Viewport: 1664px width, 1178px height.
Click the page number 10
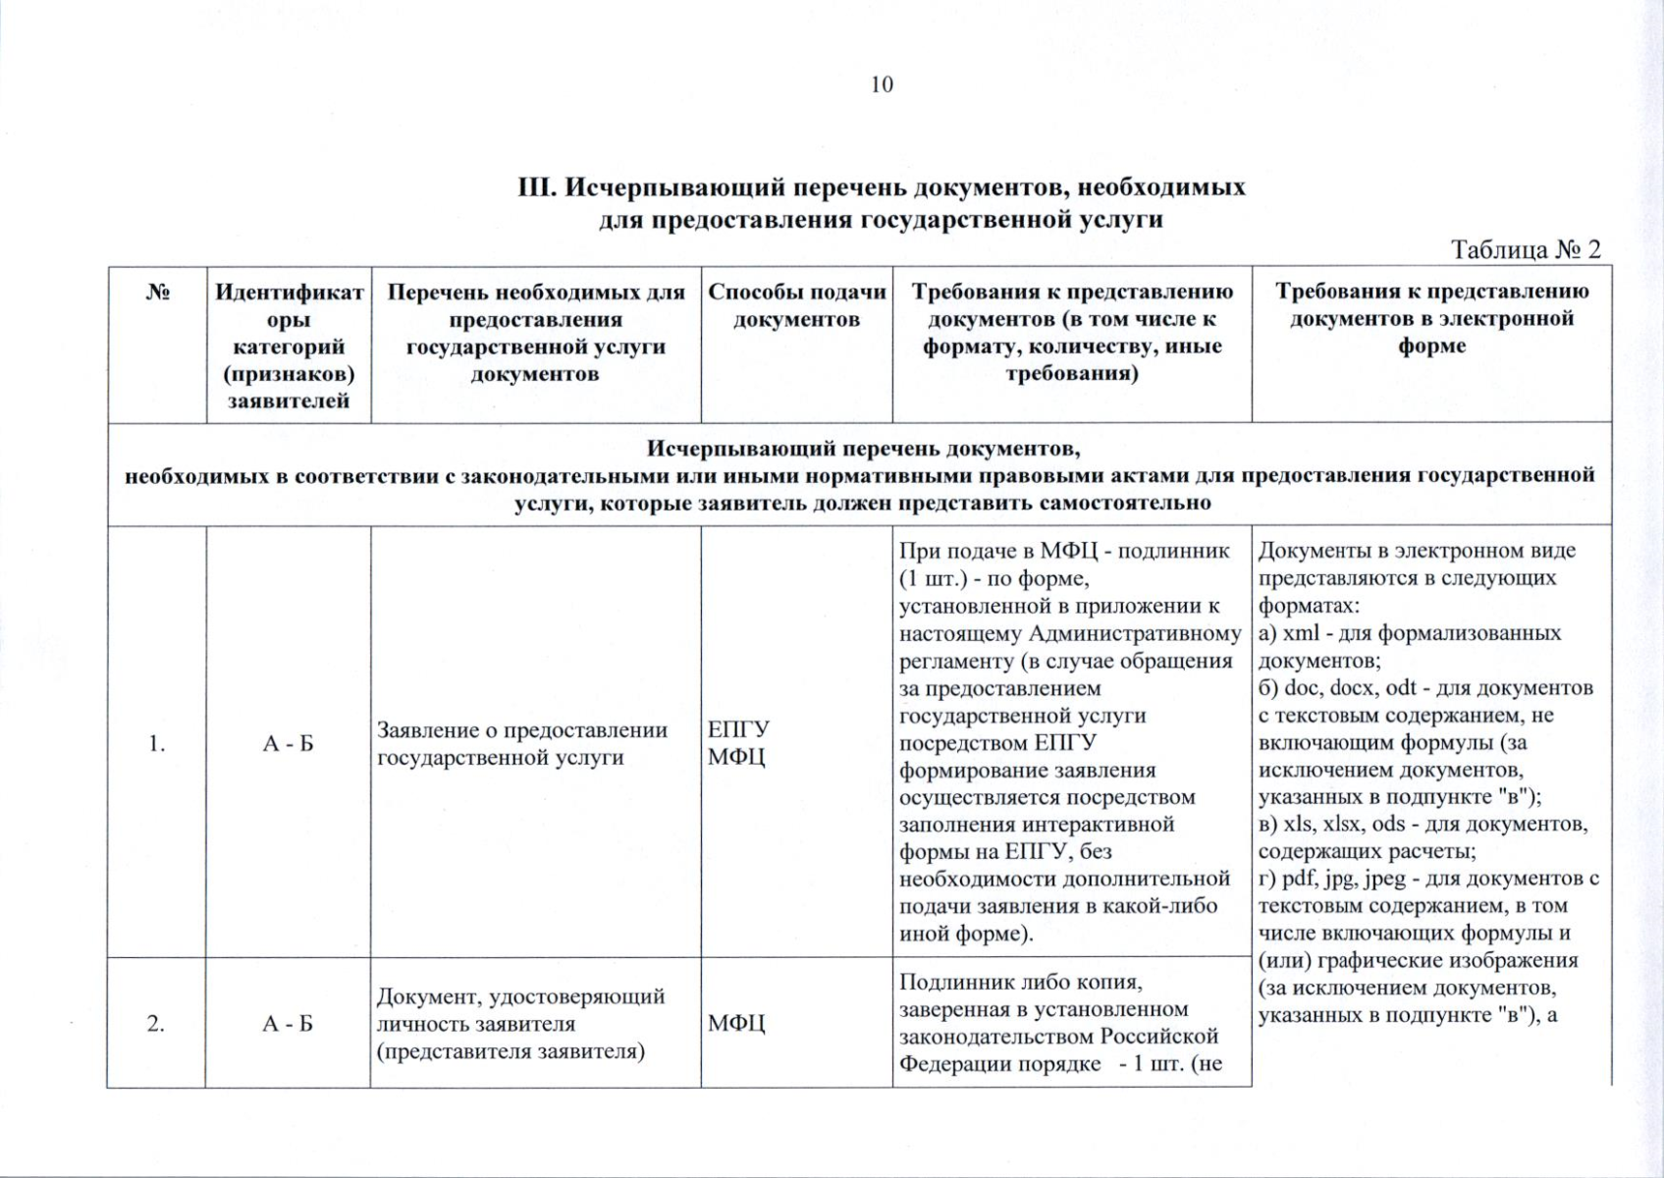882,84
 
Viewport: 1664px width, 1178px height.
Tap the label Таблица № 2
1526,249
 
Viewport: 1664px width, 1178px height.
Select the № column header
157,293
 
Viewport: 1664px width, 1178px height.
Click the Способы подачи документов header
796,305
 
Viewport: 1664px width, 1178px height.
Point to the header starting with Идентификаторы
289,346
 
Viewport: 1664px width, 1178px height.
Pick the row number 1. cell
156,744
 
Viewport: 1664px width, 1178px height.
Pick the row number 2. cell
156,1024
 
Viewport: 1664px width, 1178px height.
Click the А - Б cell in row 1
288,744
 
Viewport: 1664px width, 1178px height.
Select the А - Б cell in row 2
288,1024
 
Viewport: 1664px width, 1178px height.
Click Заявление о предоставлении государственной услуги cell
521,744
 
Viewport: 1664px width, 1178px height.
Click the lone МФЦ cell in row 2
736,1024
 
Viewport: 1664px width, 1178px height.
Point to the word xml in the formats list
1301,633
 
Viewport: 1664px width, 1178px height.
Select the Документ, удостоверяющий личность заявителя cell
521,1024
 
